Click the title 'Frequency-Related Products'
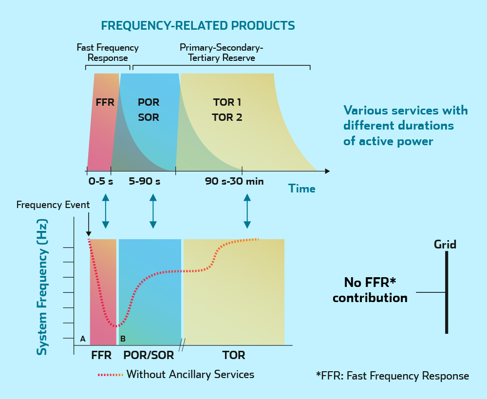(x=198, y=25)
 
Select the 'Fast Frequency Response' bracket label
(x=108, y=53)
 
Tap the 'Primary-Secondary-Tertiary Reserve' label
(x=221, y=53)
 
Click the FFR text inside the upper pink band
(x=105, y=103)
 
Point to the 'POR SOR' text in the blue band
(x=149, y=110)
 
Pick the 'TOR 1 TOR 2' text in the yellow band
(x=227, y=110)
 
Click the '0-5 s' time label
(x=100, y=182)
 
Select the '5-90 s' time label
(x=144, y=182)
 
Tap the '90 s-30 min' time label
(x=234, y=182)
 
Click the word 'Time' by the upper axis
(x=301, y=189)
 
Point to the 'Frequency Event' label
(x=53, y=205)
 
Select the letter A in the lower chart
(x=83, y=339)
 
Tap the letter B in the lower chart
(x=123, y=339)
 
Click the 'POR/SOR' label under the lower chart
(x=149, y=355)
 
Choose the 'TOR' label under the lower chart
(x=234, y=355)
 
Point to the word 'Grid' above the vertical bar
(x=445, y=245)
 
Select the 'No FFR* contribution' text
(x=370, y=290)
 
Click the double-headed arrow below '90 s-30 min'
(x=247, y=211)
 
